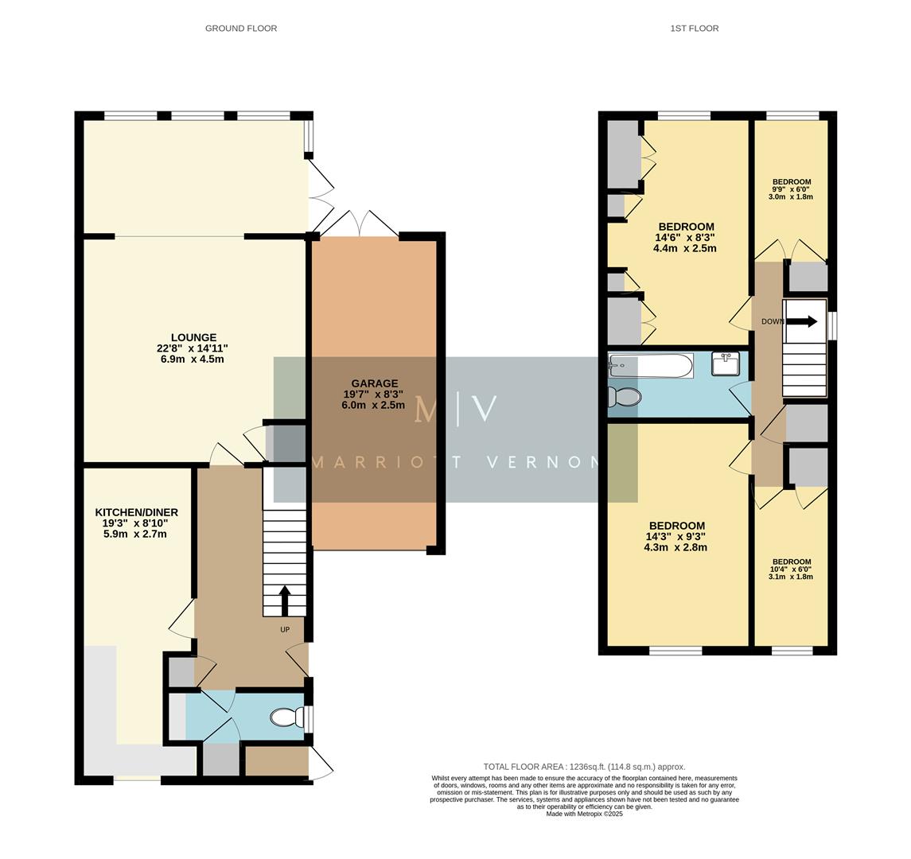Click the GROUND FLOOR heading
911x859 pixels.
(241, 29)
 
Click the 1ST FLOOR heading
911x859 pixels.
(694, 29)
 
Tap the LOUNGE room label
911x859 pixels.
(193, 337)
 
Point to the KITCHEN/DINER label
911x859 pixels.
(136, 512)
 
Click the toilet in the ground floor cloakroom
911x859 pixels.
(285, 717)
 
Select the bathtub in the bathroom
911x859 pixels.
(651, 366)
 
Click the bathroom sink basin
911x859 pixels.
(726, 364)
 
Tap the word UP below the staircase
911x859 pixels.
(285, 630)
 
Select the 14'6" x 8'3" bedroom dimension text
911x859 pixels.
(684, 237)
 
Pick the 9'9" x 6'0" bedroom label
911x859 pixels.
(790, 189)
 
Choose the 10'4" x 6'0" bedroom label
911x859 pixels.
(790, 569)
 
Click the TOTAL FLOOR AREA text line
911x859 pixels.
(584, 767)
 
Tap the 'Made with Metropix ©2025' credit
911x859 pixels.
(584, 814)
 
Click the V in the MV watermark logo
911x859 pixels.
(485, 409)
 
